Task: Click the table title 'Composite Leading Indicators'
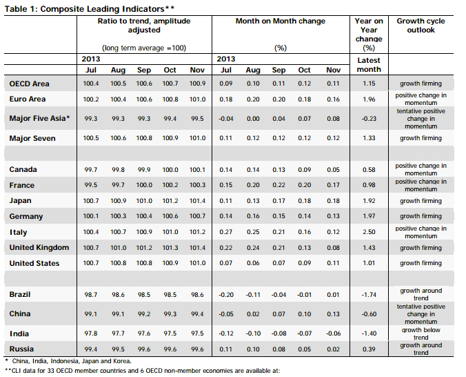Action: [x=102, y=9]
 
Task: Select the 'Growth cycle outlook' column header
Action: [x=421, y=26]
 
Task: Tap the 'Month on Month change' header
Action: [x=281, y=21]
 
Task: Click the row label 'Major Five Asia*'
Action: [x=39, y=118]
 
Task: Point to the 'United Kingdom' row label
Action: [x=39, y=247]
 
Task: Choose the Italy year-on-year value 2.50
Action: [x=369, y=232]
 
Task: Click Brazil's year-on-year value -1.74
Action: [x=369, y=295]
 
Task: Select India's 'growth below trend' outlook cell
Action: [x=421, y=333]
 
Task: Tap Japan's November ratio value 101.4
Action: [x=197, y=201]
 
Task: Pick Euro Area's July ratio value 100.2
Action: [x=90, y=99]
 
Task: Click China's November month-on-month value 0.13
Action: [x=333, y=314]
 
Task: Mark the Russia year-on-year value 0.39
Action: [x=369, y=349]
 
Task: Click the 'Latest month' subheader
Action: [x=369, y=65]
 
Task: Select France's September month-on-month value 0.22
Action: [x=278, y=185]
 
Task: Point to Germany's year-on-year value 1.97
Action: [x=369, y=216]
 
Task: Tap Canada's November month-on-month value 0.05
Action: [x=333, y=169]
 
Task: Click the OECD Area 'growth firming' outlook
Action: [x=421, y=84]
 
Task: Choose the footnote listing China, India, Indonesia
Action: [x=68, y=361]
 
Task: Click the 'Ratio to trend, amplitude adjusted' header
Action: [x=144, y=26]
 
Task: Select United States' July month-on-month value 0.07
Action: [x=225, y=263]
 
